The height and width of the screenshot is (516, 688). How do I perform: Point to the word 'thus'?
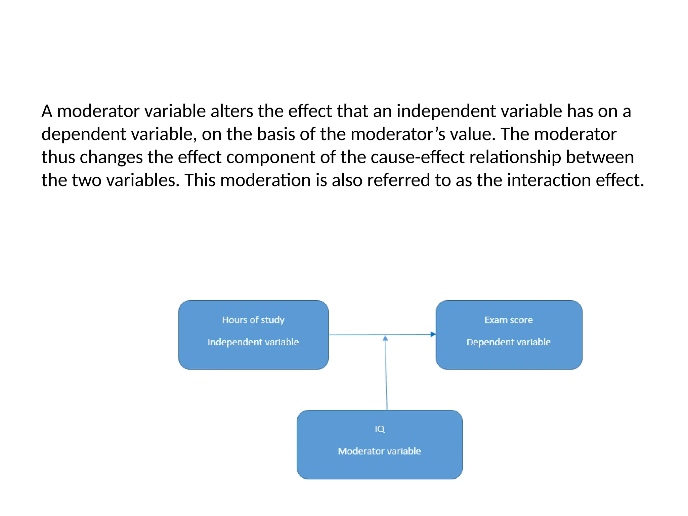[x=58, y=157]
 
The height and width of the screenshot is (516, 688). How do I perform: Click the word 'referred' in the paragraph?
[x=398, y=180]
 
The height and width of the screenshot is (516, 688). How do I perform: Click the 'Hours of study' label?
[x=253, y=320]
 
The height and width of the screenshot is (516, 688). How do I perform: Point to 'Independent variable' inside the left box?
[x=253, y=342]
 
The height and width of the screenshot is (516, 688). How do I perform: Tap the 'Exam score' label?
[x=509, y=320]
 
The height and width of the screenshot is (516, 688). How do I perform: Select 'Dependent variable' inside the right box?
[x=509, y=342]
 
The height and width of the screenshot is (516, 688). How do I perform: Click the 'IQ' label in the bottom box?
[x=380, y=429]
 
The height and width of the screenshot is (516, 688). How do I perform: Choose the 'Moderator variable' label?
[x=380, y=451]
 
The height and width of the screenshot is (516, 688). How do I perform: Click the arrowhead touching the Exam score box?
[x=433, y=334]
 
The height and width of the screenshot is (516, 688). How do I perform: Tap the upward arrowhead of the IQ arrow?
[x=385, y=338]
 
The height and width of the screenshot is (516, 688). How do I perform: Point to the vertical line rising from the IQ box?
[x=386, y=376]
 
